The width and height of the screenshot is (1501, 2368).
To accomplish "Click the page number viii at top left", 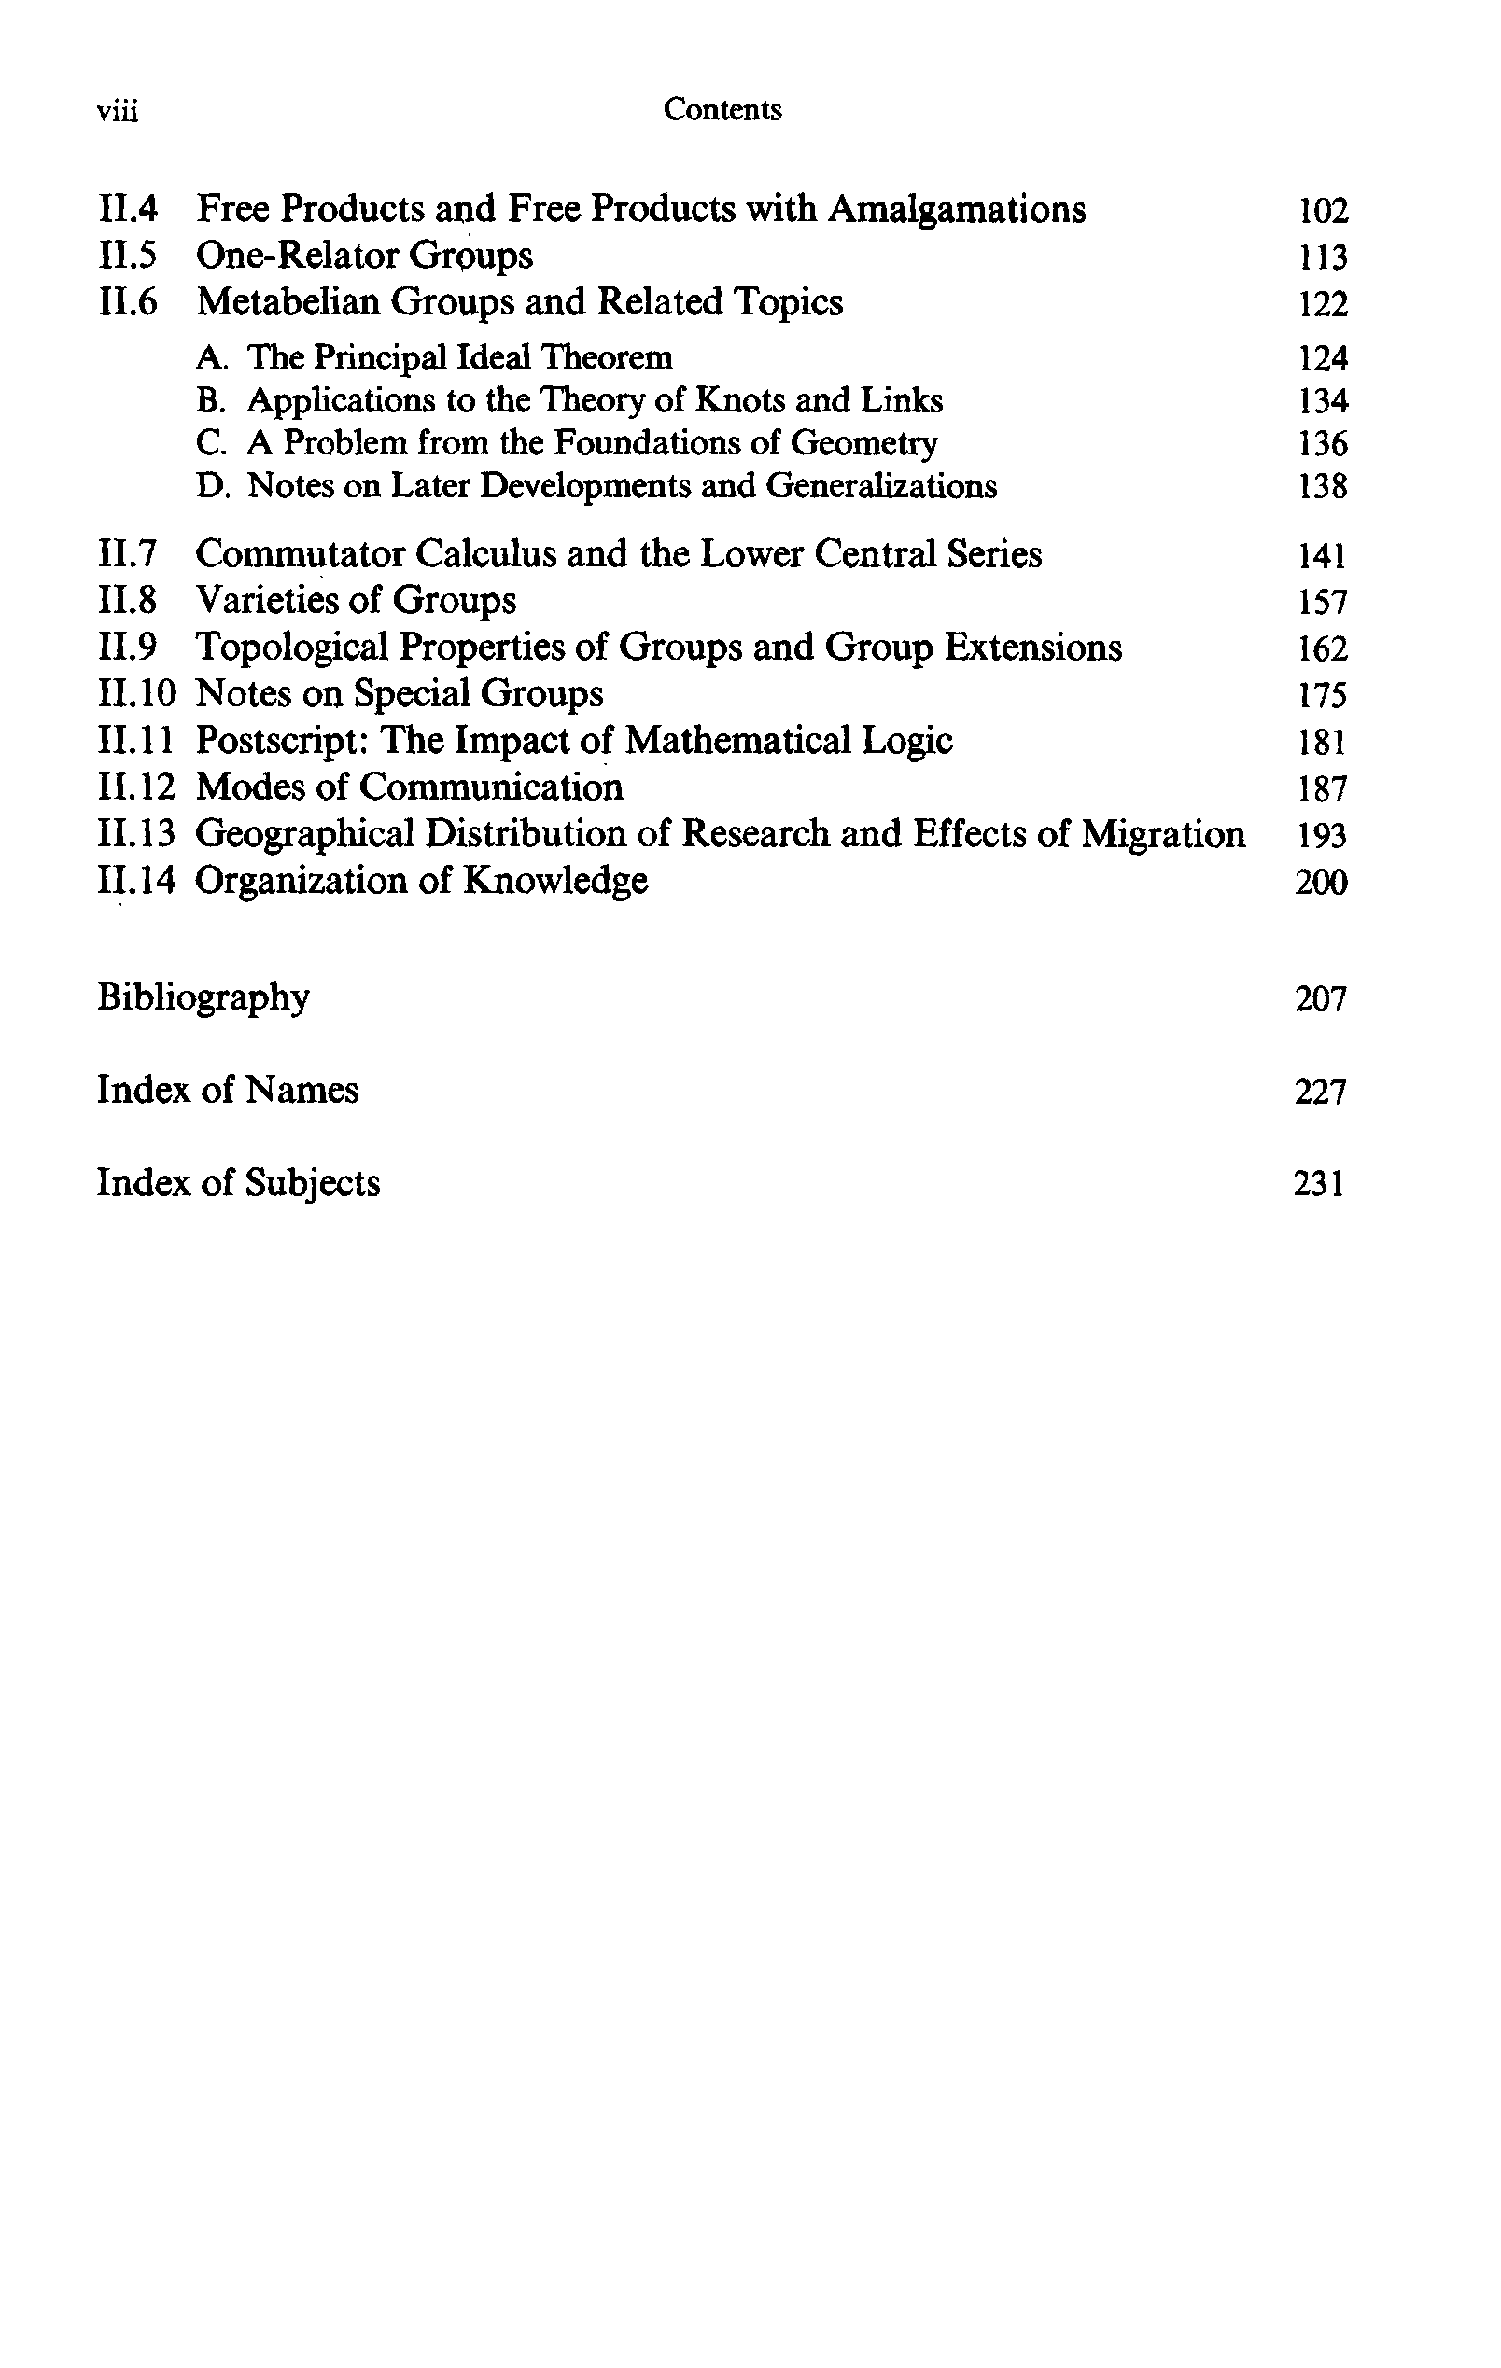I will (x=117, y=112).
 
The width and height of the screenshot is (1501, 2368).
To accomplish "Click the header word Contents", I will (x=722, y=109).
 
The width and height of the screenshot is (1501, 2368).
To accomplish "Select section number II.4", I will (x=128, y=209).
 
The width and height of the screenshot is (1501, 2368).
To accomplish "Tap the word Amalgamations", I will (x=956, y=209).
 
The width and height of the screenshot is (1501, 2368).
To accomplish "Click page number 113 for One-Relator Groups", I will (x=1322, y=258).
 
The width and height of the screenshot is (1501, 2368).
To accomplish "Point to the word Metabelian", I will (x=288, y=302).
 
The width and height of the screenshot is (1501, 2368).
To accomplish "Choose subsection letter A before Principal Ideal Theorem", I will (x=209, y=358).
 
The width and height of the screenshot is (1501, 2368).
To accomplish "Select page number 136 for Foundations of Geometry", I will (x=1322, y=443).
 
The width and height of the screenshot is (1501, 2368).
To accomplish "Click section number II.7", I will (x=128, y=554).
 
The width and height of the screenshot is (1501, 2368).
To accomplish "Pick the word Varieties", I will (x=266, y=601).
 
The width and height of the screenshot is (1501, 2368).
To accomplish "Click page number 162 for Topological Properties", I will (x=1322, y=649).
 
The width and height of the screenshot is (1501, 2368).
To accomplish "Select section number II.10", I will (x=136, y=694).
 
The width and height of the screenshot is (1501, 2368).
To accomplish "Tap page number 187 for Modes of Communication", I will (x=1322, y=788).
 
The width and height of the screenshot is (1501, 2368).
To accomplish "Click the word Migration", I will (x=1163, y=834).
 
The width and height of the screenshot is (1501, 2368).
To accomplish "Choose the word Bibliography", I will (x=203, y=997).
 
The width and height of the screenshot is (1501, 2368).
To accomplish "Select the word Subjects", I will (x=313, y=1182).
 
